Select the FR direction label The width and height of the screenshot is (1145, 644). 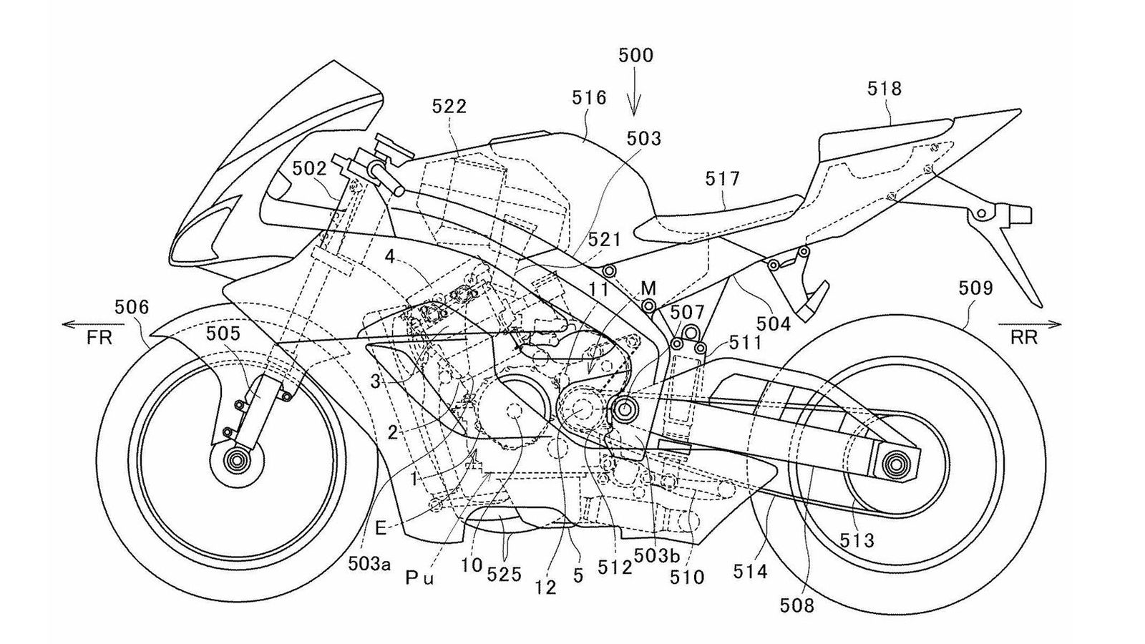(x=99, y=338)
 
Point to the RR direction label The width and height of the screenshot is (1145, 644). (x=1024, y=338)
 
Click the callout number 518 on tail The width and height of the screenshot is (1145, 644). (x=885, y=89)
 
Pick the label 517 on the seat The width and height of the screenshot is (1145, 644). (x=722, y=178)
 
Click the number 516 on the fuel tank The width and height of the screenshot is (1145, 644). (x=589, y=97)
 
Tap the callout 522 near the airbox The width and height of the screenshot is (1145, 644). (x=449, y=107)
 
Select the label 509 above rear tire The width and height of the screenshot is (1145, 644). (x=976, y=288)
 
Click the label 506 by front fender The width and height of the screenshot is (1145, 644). (x=132, y=308)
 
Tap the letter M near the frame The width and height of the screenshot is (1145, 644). (x=648, y=288)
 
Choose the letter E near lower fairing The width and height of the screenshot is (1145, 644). (x=381, y=529)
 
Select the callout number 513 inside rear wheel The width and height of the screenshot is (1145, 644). (x=857, y=540)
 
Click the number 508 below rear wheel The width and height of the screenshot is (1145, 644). (x=797, y=606)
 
